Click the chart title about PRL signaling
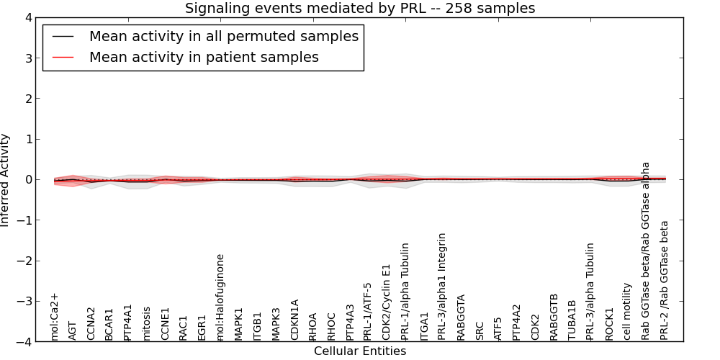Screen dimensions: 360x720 360,9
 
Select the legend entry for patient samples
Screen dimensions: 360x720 204,57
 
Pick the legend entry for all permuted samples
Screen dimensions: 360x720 224,36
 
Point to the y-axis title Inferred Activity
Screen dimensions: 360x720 6,179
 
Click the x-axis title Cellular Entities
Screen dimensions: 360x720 360,351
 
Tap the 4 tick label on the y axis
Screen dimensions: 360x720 28,17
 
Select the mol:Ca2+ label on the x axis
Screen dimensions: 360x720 54,316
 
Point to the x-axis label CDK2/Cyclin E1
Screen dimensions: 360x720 387,302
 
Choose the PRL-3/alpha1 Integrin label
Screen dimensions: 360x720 442,286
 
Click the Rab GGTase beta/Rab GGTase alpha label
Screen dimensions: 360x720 646,251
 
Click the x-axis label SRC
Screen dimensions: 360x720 480,330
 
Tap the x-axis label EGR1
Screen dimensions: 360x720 202,328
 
